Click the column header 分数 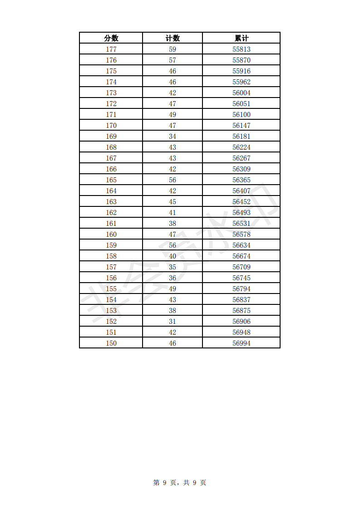[x=111, y=38]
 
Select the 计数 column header [x=173, y=38]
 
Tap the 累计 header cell [x=242, y=38]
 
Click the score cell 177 [x=111, y=49]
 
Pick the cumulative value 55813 [x=242, y=49]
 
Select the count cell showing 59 [x=173, y=49]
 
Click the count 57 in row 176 [x=173, y=60]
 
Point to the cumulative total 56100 [x=242, y=115]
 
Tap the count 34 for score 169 [x=173, y=137]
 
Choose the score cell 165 [x=111, y=180]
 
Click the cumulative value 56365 [x=242, y=180]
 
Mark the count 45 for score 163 [x=173, y=202]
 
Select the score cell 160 [x=111, y=235]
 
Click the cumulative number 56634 [x=242, y=245]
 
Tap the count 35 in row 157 [x=173, y=267]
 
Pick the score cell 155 [x=111, y=289]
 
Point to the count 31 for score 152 [x=173, y=322]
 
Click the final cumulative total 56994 [x=242, y=343]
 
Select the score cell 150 [x=111, y=343]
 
